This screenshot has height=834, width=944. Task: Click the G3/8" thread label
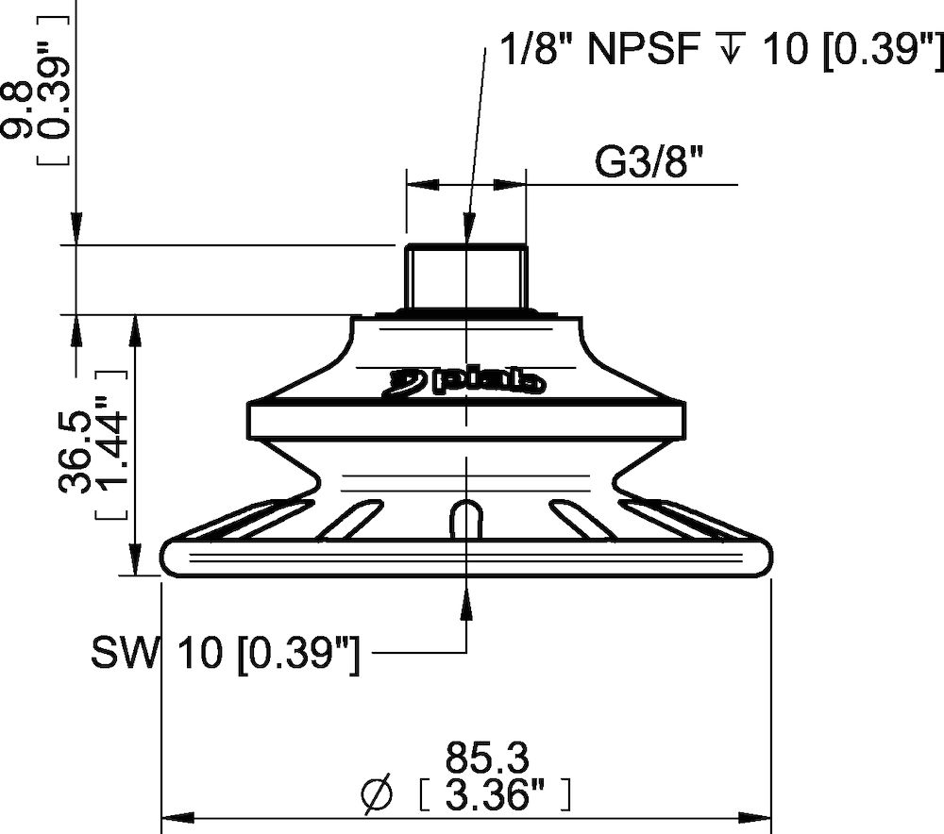click(x=649, y=161)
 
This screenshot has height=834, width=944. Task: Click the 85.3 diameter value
click(x=487, y=759)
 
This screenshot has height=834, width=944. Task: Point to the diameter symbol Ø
click(x=377, y=793)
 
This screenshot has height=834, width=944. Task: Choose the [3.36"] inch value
click(x=494, y=795)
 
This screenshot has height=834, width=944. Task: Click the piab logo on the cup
click(x=464, y=381)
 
